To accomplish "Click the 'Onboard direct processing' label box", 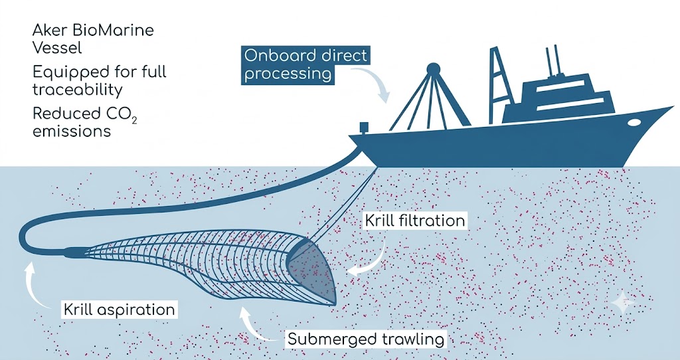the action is tap(305, 65).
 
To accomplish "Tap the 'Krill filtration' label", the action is tap(415, 221).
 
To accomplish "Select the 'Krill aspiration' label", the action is tap(120, 310).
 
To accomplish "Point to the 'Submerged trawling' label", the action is tap(366, 339).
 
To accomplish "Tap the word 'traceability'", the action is tap(78, 90).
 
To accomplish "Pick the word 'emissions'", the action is tap(72, 131).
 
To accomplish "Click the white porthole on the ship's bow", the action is tap(634, 122).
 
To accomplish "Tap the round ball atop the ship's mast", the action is tap(433, 69).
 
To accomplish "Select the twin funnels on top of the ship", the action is tap(552, 60).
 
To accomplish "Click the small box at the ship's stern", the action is tap(364, 127).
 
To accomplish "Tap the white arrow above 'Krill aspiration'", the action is tap(37, 284).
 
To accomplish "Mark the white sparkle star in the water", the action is tap(623, 302).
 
